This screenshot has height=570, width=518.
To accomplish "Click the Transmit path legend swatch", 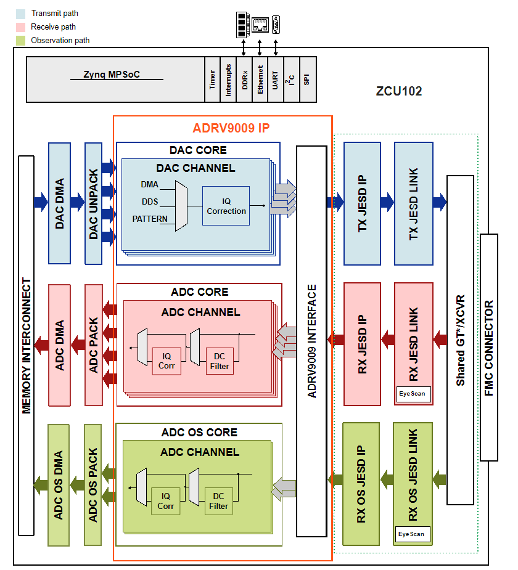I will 20,13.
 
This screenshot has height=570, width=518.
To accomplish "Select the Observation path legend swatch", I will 20,40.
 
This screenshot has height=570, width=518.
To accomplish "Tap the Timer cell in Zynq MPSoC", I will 212,79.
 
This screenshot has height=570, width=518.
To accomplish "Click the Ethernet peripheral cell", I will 260,79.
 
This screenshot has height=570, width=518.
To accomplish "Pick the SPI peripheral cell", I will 307,79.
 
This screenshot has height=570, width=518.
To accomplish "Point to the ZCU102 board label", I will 399,91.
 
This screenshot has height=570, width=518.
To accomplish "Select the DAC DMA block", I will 59,203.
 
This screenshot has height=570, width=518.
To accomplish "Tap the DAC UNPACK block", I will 93,203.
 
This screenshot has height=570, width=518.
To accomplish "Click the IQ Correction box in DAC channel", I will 226,206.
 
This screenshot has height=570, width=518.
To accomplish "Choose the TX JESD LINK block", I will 414,203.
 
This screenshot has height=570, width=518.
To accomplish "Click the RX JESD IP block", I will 362,344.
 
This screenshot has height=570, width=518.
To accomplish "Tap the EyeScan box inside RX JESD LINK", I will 413,394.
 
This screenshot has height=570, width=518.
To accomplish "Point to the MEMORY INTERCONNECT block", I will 27,345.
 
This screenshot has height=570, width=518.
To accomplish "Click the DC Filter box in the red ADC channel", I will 220,361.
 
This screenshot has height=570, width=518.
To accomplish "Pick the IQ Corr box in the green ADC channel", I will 166,501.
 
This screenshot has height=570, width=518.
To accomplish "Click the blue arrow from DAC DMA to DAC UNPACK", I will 77,202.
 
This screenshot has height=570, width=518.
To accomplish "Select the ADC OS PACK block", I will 93,484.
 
